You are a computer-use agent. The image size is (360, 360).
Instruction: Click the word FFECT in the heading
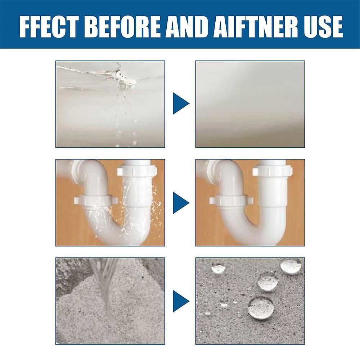49,27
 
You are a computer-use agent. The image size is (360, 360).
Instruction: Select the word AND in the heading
188,27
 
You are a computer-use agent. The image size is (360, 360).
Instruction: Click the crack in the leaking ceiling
99,75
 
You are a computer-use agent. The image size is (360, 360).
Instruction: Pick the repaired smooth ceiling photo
250,104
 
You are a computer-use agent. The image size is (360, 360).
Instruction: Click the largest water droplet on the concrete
261,308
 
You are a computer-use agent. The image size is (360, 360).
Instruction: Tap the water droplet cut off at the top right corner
291,266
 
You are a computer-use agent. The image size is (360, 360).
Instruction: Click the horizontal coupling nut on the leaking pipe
96,200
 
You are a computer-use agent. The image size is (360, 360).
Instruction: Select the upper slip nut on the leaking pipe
137,171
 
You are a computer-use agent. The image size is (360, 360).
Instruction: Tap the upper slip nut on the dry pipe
273,171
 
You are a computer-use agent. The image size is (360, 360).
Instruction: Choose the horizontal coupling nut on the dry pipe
231,200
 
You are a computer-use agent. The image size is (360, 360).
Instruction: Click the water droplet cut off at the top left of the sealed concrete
219,268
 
